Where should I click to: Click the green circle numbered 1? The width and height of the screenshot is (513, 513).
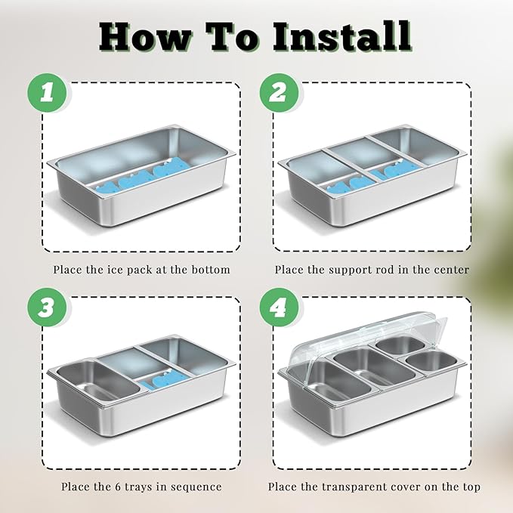[x=47, y=93]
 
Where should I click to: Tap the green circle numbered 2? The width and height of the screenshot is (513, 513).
[x=279, y=93]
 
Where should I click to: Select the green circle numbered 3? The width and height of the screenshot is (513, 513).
[x=47, y=307]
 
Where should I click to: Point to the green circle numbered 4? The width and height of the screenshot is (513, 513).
[x=279, y=307]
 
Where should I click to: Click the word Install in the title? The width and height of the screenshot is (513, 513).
[x=341, y=36]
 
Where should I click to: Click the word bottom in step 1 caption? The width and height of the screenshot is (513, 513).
[x=211, y=270]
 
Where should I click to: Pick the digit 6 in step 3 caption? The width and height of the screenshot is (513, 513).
[x=119, y=487]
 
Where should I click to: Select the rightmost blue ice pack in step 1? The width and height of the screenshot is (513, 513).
[x=168, y=167]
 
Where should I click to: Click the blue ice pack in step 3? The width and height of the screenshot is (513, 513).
[x=168, y=379]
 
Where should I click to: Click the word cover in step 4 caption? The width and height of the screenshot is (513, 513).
[x=408, y=487]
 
